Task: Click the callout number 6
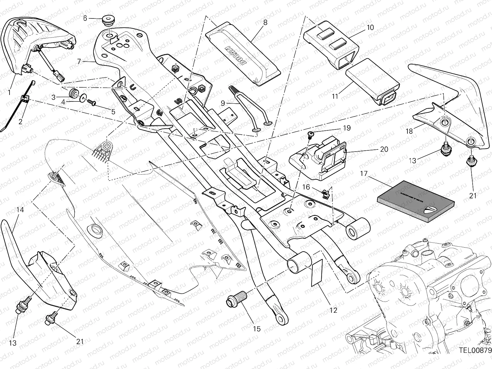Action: click(85, 18)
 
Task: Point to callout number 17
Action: click(364, 174)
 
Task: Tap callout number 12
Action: click(333, 310)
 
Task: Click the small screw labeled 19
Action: click(311, 134)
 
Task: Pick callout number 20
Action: click(384, 149)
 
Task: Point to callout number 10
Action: click(370, 27)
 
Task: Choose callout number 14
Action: click(20, 210)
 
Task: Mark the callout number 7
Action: click(79, 61)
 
